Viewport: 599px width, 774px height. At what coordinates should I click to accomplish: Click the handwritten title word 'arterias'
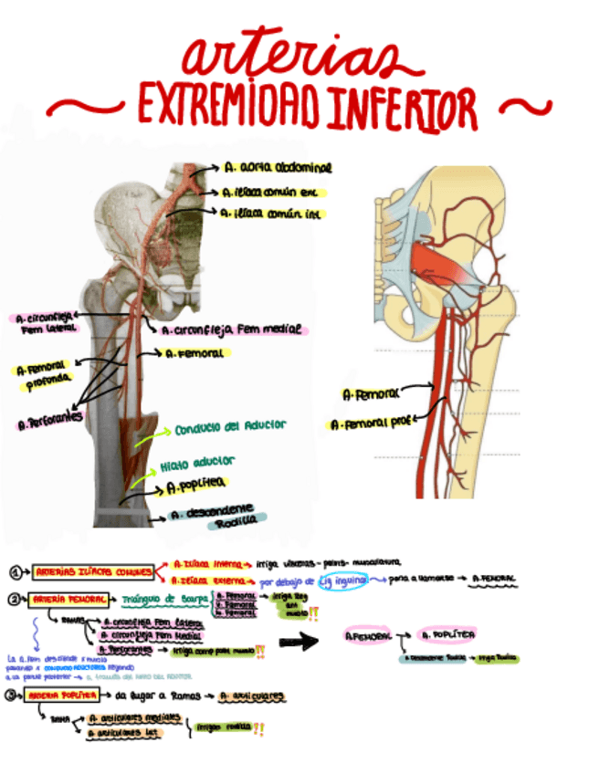[x=290, y=57]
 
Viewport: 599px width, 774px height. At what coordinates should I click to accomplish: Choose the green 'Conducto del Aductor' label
[x=230, y=425]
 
